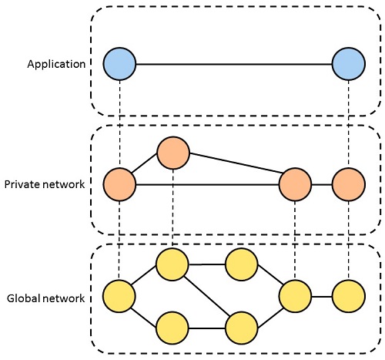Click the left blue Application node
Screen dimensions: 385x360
[x=119, y=64]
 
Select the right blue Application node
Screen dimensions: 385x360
[x=348, y=64]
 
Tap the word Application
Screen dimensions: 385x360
[x=56, y=65]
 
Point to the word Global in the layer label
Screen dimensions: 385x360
[x=23, y=298]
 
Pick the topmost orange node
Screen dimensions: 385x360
[x=173, y=153]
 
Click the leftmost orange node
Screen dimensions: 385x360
[x=119, y=184]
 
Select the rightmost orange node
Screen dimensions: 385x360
[x=348, y=184]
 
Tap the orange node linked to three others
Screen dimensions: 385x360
[x=295, y=184]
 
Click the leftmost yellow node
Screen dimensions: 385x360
[x=119, y=296]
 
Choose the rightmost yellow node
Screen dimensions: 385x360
[x=348, y=296]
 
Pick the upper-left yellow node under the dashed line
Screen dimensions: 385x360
[x=172, y=264]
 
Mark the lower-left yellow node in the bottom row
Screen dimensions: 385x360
[x=172, y=328]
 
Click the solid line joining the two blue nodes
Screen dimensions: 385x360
[x=234, y=64]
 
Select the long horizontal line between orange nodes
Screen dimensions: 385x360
[x=207, y=184]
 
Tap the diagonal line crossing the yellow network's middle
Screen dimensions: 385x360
[x=207, y=296]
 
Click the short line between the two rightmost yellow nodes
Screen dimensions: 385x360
[x=322, y=297]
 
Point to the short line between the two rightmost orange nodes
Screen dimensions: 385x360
[x=322, y=184]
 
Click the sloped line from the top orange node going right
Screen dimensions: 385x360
[x=236, y=163]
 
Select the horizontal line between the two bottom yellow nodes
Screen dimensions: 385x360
[x=207, y=328]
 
